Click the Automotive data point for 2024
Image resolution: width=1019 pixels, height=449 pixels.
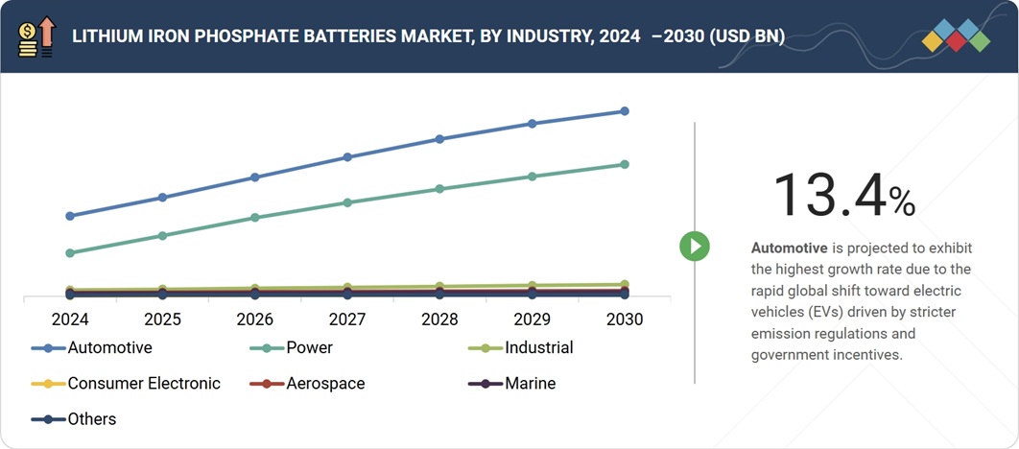(x=70, y=216)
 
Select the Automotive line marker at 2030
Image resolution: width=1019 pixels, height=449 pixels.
(x=625, y=111)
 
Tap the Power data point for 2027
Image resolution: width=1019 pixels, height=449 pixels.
(x=347, y=202)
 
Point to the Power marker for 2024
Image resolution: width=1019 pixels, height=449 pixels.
(x=70, y=253)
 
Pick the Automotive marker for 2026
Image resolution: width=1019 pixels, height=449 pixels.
(x=255, y=177)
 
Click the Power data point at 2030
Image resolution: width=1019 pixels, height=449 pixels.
(x=625, y=164)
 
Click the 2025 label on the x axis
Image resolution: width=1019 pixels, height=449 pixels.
(x=162, y=319)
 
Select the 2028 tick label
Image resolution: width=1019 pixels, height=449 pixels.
(x=439, y=319)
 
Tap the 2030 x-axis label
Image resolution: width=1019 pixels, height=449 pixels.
(x=625, y=319)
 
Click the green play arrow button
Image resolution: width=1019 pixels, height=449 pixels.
(x=694, y=247)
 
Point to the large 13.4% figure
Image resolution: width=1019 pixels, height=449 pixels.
(x=843, y=195)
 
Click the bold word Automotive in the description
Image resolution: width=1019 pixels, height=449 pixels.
(x=789, y=248)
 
